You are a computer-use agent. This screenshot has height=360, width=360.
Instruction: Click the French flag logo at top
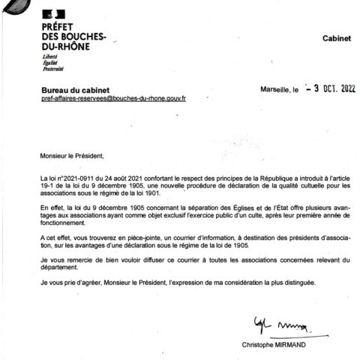(53, 13)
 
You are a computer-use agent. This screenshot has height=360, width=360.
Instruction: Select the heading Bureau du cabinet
(73, 89)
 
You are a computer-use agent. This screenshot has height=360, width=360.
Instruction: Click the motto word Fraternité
(52, 69)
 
